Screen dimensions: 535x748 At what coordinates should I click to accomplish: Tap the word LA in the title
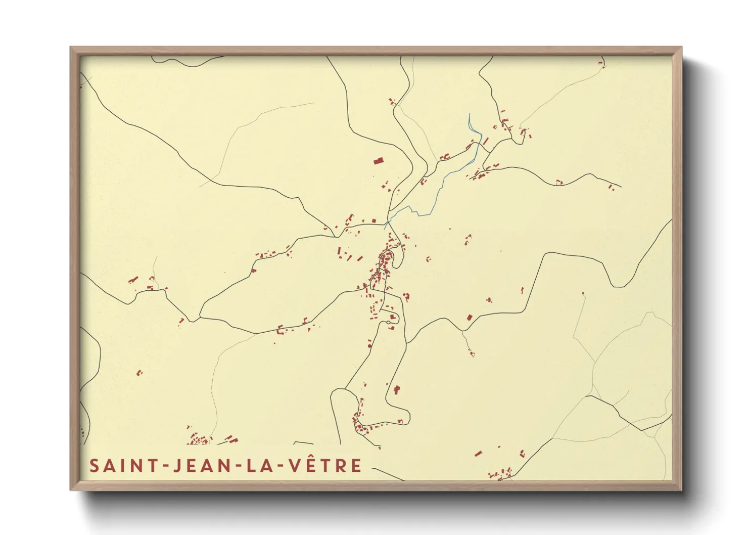coord(259,466)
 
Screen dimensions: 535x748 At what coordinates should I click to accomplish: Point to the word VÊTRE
coord(325,465)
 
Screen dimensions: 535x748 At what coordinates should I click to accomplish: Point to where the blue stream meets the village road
coord(387,222)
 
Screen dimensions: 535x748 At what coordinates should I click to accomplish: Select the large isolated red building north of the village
coord(378,161)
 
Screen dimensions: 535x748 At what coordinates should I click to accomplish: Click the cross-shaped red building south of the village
coord(397,389)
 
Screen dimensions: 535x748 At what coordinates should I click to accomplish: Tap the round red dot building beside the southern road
coord(370,346)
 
